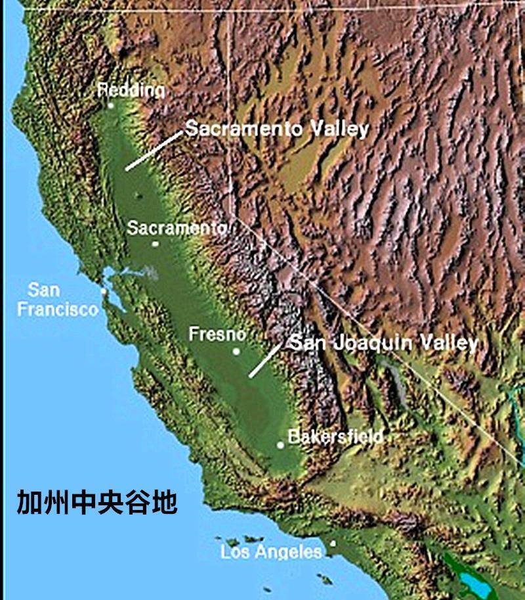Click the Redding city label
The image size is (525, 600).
(x=131, y=89)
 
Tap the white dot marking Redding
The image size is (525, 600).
(x=111, y=105)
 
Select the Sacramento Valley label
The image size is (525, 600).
(x=276, y=128)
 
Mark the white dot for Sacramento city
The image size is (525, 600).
(x=156, y=244)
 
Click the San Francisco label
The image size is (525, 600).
(x=58, y=299)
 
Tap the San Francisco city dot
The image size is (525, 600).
(x=104, y=290)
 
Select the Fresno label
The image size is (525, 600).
(x=217, y=334)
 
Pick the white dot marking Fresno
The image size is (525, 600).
(x=236, y=351)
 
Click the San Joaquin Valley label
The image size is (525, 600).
(x=383, y=342)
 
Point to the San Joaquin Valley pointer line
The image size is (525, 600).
(x=265, y=359)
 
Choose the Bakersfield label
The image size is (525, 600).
(x=335, y=436)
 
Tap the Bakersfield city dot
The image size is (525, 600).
(x=280, y=445)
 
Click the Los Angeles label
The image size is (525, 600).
(x=272, y=551)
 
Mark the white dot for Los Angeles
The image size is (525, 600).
(x=333, y=543)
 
